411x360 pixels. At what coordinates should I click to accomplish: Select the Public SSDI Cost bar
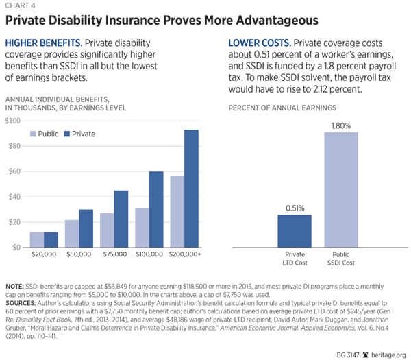point(340,189)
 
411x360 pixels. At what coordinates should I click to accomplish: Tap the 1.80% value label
point(340,125)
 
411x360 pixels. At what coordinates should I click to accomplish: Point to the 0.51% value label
point(294,208)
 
